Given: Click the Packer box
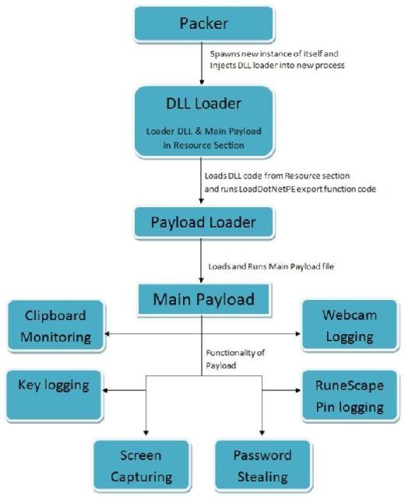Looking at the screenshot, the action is pyautogui.click(x=204, y=24).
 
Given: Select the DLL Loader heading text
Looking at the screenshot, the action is pyautogui.click(x=204, y=104).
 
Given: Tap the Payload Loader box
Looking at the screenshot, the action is pyautogui.click(x=204, y=223).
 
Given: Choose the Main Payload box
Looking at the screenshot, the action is pyautogui.click(x=204, y=299).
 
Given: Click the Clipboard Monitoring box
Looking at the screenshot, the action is pyautogui.click(x=56, y=326).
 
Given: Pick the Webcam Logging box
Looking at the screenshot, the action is pyautogui.click(x=350, y=326).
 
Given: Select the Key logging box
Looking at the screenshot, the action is pyautogui.click(x=54, y=396).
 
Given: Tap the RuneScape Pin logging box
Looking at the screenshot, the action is pyautogui.click(x=350, y=396).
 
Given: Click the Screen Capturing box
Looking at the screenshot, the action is pyautogui.click(x=142, y=465).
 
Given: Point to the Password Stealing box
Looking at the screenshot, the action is pyautogui.click(x=262, y=465).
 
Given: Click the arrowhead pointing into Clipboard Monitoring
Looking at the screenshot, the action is pyautogui.click(x=107, y=333).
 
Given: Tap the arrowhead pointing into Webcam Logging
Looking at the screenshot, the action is pyautogui.click(x=298, y=333).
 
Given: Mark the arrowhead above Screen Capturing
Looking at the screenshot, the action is pyautogui.click(x=146, y=432).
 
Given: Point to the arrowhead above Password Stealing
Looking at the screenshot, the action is pyautogui.click(x=262, y=432).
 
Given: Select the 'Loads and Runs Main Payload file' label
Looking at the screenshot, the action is pyautogui.click(x=271, y=266).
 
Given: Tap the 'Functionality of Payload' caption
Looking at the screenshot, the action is pyautogui.click(x=235, y=359).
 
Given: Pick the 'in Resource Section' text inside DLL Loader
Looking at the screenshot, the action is pyautogui.click(x=204, y=146).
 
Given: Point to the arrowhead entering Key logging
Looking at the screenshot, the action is pyautogui.click(x=105, y=390).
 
